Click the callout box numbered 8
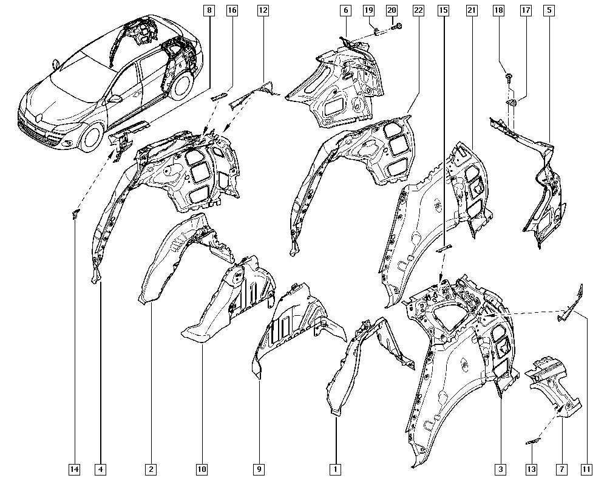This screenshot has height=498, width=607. pyautogui.click(x=209, y=10)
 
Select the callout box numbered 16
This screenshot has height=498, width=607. pyautogui.click(x=232, y=10)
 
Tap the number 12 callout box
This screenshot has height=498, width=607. pyautogui.click(x=263, y=10)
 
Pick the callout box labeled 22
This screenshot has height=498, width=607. pyautogui.click(x=418, y=10)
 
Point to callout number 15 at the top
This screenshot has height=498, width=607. pyautogui.click(x=443, y=10)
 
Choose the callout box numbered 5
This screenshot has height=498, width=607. pyautogui.click(x=549, y=10)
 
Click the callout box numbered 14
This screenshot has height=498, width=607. pyautogui.click(x=74, y=469)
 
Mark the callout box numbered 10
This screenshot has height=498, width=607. pyautogui.click(x=202, y=469)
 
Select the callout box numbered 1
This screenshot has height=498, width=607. pyautogui.click(x=335, y=469)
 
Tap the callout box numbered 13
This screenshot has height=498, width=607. pyautogui.click(x=532, y=469)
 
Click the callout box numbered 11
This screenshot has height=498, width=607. pyautogui.click(x=587, y=469)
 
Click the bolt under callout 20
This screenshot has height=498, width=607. pyautogui.click(x=397, y=27)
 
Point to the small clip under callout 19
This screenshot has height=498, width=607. pyautogui.click(x=377, y=31)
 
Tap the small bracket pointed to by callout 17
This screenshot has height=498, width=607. pyautogui.click(x=511, y=102)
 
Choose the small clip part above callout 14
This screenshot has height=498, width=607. pyautogui.click(x=75, y=213)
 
